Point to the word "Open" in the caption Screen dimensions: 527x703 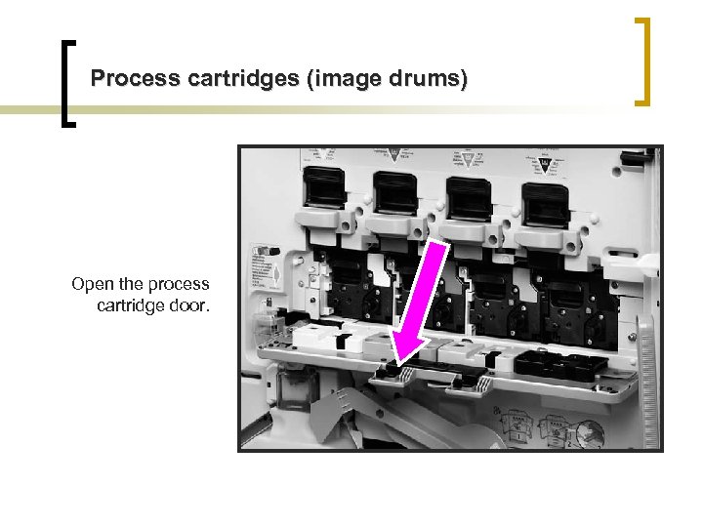click(x=92, y=284)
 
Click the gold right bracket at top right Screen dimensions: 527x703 click(x=642, y=61)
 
